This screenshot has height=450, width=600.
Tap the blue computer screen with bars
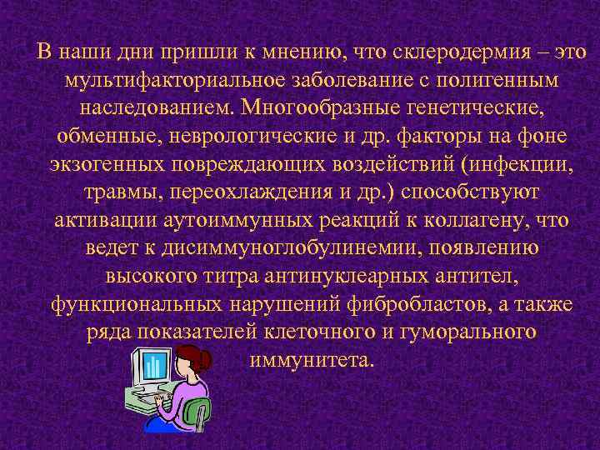click(152, 364)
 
